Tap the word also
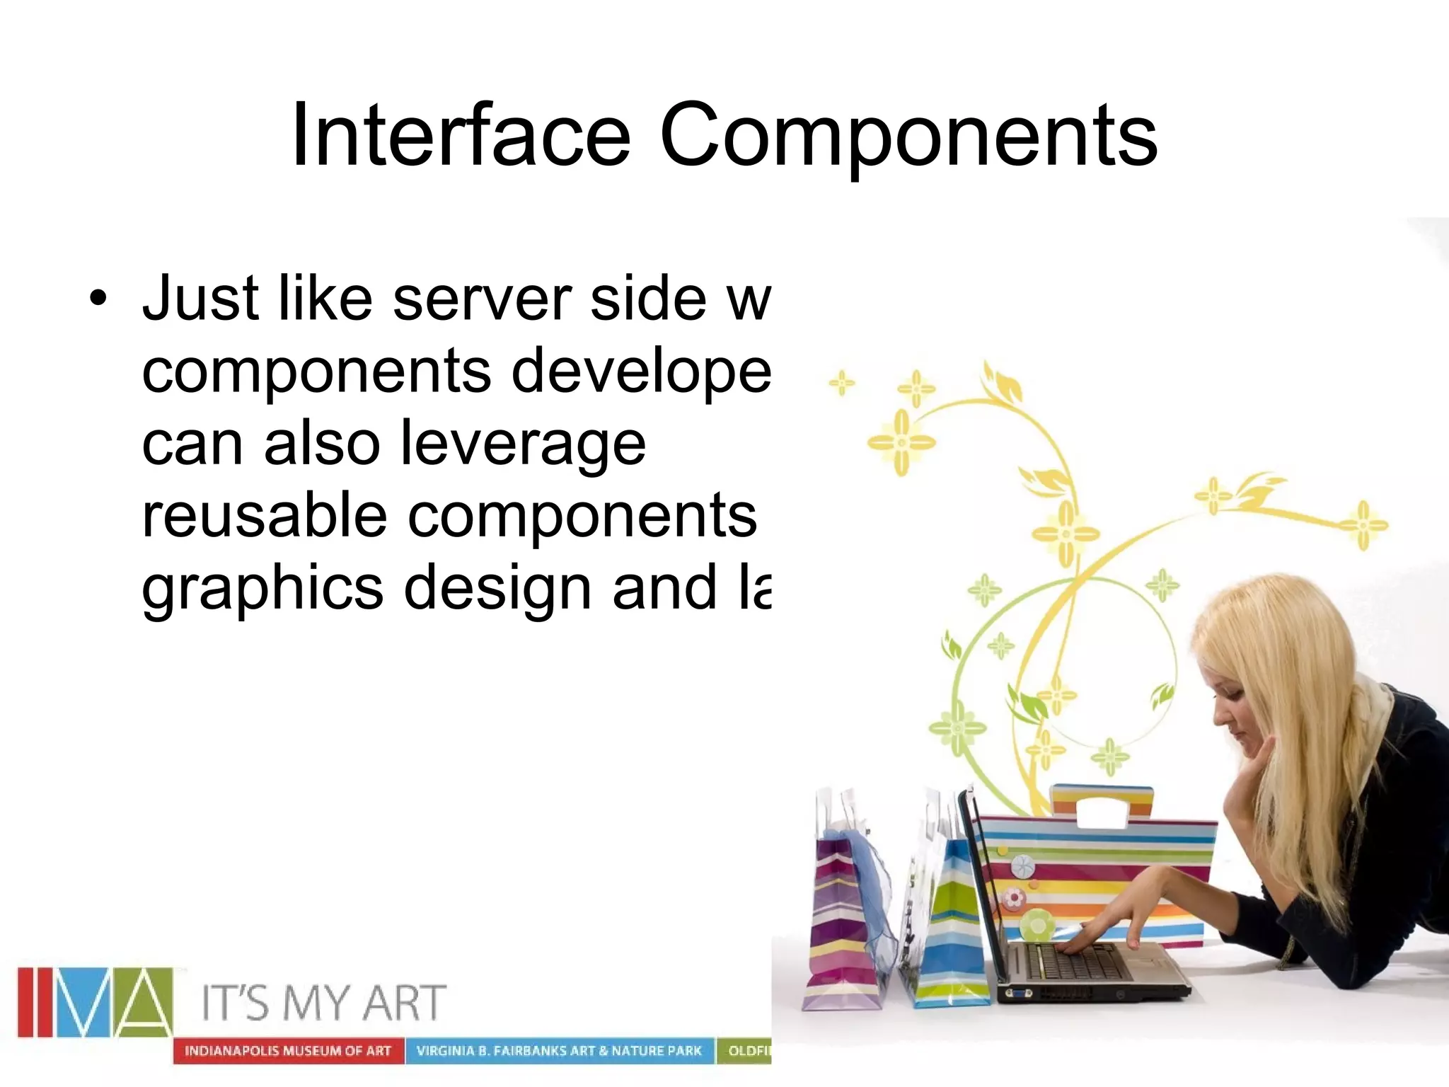[x=322, y=443]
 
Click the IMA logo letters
[x=95, y=1001]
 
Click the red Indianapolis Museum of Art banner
[x=288, y=1051]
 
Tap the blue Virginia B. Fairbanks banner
[x=559, y=1051]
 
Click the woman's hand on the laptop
[x=1104, y=934]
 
